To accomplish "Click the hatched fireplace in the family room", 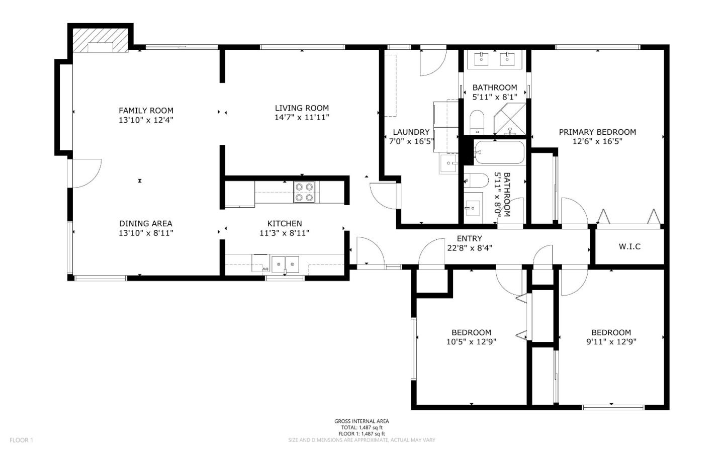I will click(101, 40).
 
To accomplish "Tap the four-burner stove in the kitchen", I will click(304, 192).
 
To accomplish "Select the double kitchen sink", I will click(285, 263).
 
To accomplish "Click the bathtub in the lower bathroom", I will click(500, 152).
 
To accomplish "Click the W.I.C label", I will click(629, 246).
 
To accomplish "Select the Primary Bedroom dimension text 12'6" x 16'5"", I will click(597, 141).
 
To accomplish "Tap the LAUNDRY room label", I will click(411, 132).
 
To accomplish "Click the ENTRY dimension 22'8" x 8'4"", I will click(469, 247).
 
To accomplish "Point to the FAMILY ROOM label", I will click(146, 111).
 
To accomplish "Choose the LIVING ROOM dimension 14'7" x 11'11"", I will click(302, 117).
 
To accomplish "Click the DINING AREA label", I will click(146, 224).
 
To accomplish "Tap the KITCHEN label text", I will click(284, 224).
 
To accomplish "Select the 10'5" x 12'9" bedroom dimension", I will click(471, 342).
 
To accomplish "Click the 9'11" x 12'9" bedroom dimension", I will click(611, 342).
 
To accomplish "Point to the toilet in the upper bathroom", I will click(476, 121).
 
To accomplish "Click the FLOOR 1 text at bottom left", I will click(21, 440).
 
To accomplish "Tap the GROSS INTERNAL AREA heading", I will click(361, 421).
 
